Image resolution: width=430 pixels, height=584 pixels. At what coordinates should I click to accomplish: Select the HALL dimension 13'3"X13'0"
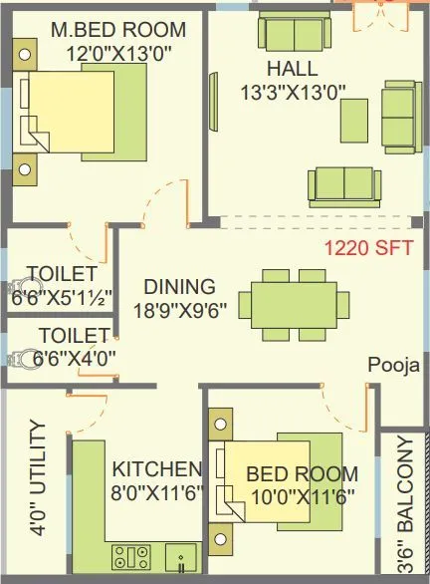(x=292, y=92)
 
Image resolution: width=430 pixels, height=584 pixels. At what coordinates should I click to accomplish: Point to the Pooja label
(x=391, y=364)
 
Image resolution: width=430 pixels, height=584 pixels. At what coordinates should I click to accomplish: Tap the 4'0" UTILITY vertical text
(x=38, y=478)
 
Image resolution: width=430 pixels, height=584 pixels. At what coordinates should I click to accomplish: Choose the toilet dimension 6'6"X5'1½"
(x=61, y=296)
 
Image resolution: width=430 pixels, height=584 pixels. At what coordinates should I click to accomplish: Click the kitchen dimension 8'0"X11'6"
(x=156, y=492)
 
